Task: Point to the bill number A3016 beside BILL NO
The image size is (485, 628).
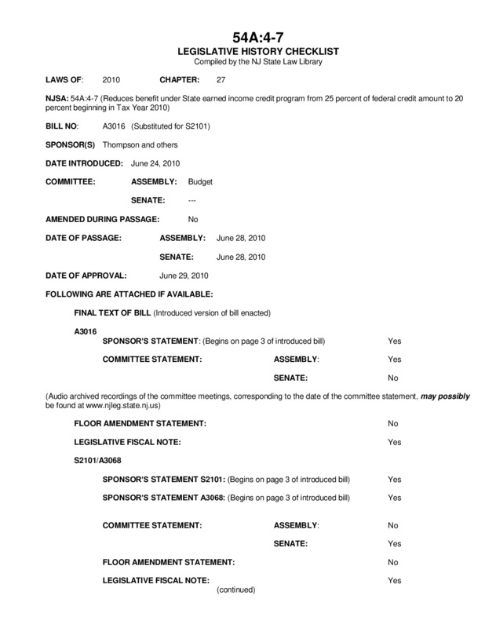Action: point(114,126)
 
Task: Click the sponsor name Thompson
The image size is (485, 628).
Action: point(122,145)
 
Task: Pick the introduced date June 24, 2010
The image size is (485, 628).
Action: point(159,163)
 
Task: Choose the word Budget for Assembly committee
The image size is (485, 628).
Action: point(201,181)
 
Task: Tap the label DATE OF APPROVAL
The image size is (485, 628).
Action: point(92,276)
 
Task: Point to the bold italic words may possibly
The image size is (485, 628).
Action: point(447,396)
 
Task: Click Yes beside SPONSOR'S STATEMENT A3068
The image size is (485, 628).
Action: point(394,498)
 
